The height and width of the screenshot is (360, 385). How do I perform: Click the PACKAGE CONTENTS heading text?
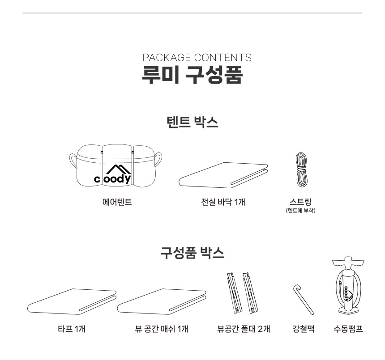(197, 58)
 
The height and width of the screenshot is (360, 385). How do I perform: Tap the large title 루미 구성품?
(192, 75)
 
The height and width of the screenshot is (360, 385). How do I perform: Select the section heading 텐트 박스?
(192, 122)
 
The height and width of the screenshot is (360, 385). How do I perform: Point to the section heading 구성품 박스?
(192, 253)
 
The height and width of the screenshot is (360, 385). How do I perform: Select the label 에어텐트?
(117, 202)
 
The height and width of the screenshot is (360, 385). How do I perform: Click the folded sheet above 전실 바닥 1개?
(223, 175)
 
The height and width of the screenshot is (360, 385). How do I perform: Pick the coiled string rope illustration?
(301, 169)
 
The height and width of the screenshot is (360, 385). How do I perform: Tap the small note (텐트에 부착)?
(300, 210)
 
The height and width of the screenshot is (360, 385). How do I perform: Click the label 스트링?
(300, 202)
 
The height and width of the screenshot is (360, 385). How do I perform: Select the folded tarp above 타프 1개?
(72, 301)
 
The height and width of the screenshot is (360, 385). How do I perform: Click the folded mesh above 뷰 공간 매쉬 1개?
(162, 301)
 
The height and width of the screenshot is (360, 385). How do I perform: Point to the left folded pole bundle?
(234, 293)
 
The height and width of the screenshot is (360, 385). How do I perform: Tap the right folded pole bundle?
(250, 293)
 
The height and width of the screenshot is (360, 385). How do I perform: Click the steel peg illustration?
(303, 299)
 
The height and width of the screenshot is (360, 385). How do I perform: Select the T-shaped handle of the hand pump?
(348, 263)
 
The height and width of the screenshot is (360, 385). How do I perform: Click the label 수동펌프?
(348, 329)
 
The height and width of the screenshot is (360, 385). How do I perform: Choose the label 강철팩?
(304, 329)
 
